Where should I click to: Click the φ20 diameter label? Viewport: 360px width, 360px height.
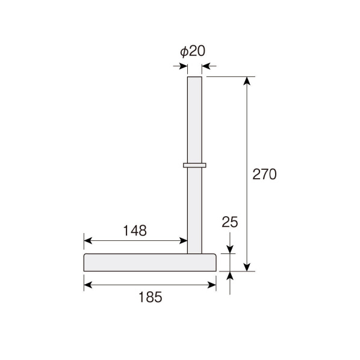point(193,51)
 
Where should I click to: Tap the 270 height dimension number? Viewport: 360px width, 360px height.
point(264,174)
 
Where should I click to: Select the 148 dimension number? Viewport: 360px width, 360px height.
point(135,231)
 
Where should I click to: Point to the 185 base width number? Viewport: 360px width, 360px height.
point(151,297)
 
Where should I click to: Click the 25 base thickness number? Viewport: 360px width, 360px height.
point(230,222)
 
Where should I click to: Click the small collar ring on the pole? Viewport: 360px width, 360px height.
point(194,166)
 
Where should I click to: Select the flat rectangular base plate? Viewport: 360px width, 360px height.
point(150,262)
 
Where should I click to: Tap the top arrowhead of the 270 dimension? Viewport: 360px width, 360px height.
point(247,81)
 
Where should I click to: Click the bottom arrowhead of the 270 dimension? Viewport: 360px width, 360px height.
point(247,267)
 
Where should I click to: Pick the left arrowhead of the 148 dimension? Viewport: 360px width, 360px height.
point(88,241)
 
